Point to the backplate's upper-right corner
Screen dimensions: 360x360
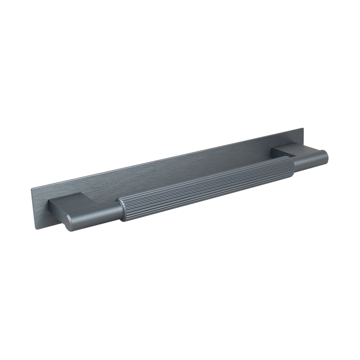tap(303, 129)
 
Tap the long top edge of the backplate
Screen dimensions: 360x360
tap(168, 159)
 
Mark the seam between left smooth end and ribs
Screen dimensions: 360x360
tap(120, 211)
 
